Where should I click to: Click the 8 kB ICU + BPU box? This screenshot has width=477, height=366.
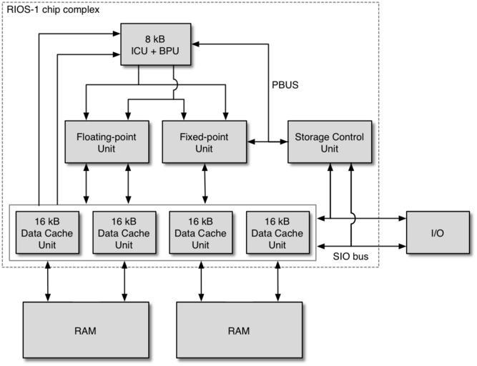click(x=156, y=44)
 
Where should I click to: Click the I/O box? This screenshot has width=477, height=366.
click(x=437, y=233)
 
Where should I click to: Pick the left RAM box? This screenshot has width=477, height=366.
click(x=86, y=330)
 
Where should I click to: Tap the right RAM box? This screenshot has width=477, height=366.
click(x=240, y=330)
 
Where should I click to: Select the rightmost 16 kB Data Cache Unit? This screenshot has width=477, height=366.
click(x=275, y=233)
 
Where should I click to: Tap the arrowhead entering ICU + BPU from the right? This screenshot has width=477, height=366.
click(x=195, y=44)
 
